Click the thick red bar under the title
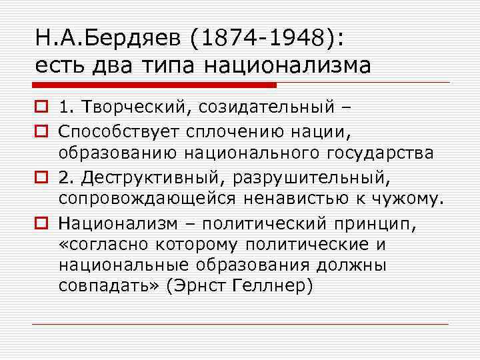point(154,85)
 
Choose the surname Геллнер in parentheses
point(270,287)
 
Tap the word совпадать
point(106,287)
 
